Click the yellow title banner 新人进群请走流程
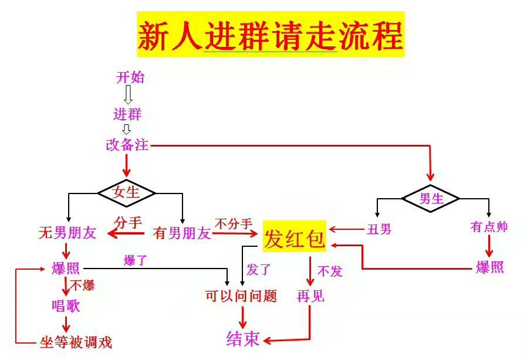tap(271, 35)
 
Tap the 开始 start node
tap(130, 77)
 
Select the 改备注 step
tap(127, 145)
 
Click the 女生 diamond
tap(126, 192)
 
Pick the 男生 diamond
tap(431, 198)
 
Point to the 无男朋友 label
tap(67, 233)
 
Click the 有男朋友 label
tap(181, 233)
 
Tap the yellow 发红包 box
tap(294, 237)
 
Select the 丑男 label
tap(379, 229)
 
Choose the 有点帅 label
tap(489, 227)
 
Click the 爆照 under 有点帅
tap(489, 267)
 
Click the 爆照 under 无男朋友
tap(65, 269)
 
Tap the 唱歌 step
tap(65, 305)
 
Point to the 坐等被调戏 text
tap(76, 342)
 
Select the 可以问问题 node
tap(241, 296)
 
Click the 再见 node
tap(310, 296)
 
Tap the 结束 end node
tap(243, 339)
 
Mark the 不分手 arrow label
tap(233, 223)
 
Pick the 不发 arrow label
tap(329, 271)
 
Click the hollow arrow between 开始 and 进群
tap(129, 94)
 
